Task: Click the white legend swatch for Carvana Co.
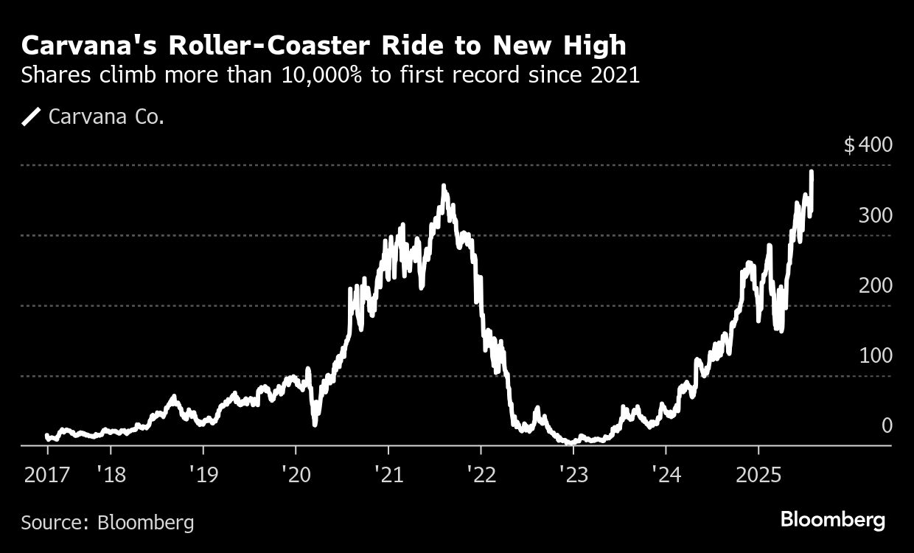coord(32,116)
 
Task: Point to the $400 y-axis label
coord(868,145)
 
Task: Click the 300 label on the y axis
coord(875,215)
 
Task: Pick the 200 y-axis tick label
coord(875,285)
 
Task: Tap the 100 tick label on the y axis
coord(875,355)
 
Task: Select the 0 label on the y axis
coord(887,425)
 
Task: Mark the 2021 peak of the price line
coord(444,187)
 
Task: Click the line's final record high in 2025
coord(812,173)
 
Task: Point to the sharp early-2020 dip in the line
coord(315,423)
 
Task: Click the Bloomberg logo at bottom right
coord(833,520)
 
